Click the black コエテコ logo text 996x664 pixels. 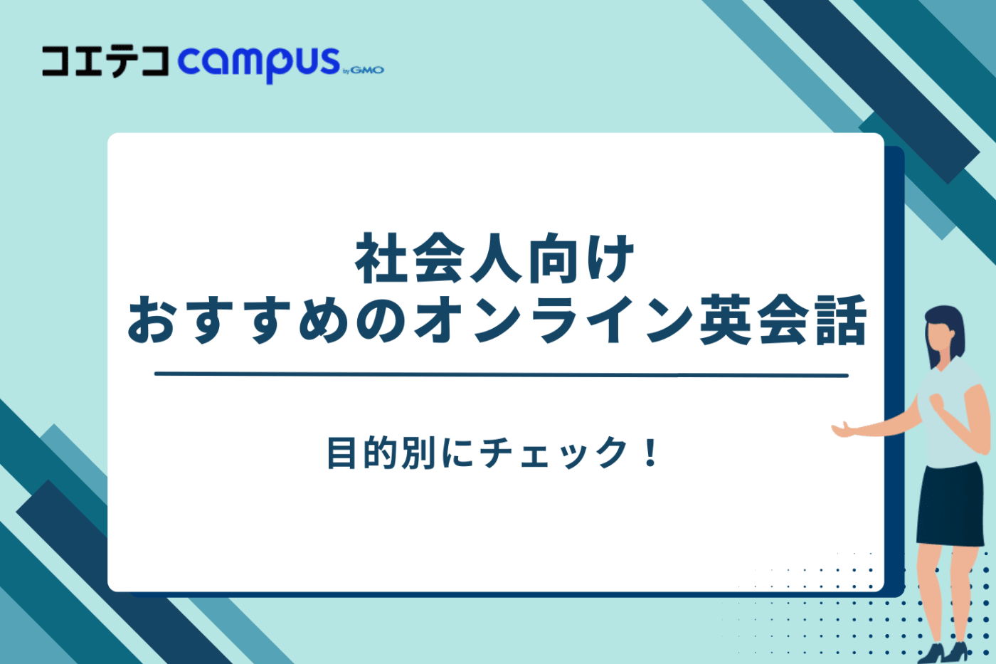tap(105, 61)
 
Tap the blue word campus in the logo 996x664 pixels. tap(259, 63)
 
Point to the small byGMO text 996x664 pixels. tap(364, 70)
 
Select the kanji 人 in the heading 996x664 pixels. tap(495, 259)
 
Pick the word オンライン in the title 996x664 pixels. tap(553, 321)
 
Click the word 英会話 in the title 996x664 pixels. tap(783, 321)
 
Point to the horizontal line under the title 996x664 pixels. tap(501, 374)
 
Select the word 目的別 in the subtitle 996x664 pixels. tap(381, 453)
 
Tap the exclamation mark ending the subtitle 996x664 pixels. tap(650, 453)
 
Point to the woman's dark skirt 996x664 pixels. tap(949, 505)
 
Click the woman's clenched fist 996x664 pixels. tap(937, 402)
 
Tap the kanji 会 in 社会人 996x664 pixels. tap(438, 259)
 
